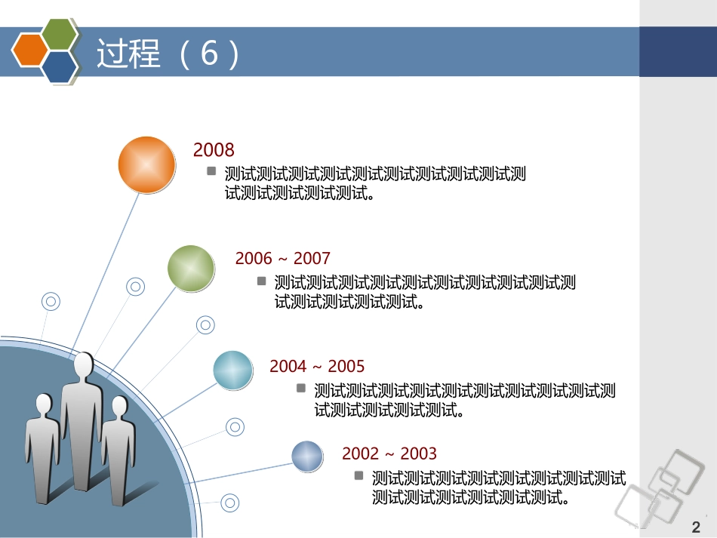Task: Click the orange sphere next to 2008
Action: (x=146, y=164)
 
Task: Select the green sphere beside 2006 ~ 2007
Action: (x=191, y=268)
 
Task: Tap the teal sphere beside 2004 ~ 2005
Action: (x=233, y=370)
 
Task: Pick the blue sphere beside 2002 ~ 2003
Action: (x=308, y=457)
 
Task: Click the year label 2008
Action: (x=214, y=149)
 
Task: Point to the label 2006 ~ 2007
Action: (x=282, y=259)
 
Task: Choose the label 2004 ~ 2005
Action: (x=317, y=367)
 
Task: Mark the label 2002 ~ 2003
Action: (x=389, y=453)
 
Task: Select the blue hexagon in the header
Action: (x=60, y=66)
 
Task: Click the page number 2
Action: (x=696, y=527)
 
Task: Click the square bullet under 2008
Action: (x=212, y=171)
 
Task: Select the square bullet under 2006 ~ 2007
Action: (x=262, y=281)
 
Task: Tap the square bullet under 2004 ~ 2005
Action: (x=301, y=388)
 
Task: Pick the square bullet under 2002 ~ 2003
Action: (x=359, y=475)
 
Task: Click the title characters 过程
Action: (x=128, y=54)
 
